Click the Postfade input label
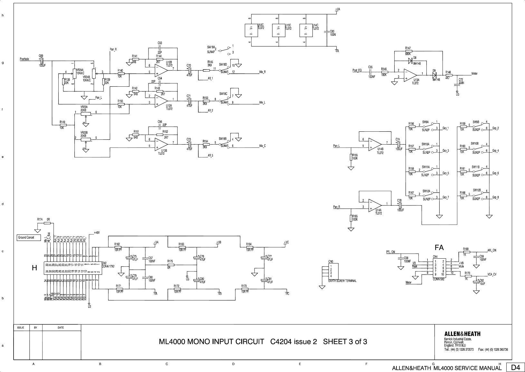[24, 59]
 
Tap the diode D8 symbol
[410, 61]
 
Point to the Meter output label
[474, 73]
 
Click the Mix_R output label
[262, 72]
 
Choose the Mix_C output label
[262, 146]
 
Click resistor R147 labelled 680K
[408, 51]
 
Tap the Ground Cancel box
[29, 238]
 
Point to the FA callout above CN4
[439, 248]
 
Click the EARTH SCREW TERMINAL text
[342, 281]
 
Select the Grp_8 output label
[495, 197]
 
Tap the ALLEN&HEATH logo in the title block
[462, 334]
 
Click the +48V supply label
[97, 232]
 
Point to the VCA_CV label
[492, 274]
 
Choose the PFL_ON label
[390, 252]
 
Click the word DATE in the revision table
[61, 328]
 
